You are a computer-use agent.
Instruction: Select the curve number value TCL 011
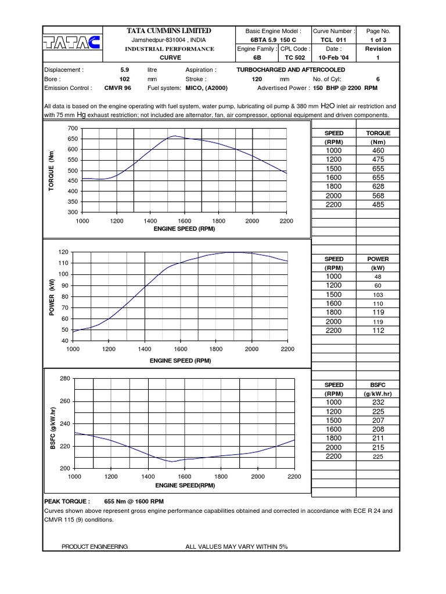[x=333, y=39]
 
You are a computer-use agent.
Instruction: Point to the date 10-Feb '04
[x=333, y=58]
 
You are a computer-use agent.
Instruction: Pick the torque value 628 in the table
[x=378, y=186]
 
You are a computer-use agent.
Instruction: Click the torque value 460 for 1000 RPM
[x=378, y=150]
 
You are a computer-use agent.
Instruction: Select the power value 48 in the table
[x=378, y=277]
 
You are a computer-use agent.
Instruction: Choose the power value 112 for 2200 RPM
[x=378, y=331]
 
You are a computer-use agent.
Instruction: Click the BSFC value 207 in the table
[x=378, y=420]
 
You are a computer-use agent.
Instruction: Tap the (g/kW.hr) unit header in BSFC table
[x=378, y=393]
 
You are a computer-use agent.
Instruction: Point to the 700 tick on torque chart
[x=72, y=128]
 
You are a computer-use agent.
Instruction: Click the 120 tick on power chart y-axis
[x=63, y=252]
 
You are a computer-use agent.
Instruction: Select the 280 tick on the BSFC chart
[x=64, y=378]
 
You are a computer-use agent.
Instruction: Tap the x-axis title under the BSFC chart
[x=185, y=485]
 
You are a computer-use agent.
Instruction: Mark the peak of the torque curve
[x=174, y=136]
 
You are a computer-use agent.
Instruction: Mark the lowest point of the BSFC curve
[x=171, y=462]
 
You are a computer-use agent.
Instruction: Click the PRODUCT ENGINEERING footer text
[x=95, y=546]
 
